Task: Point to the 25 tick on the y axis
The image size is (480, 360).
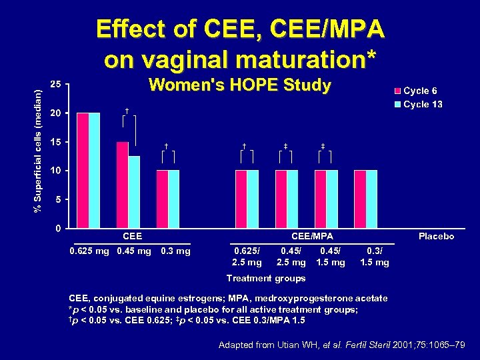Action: tap(57, 84)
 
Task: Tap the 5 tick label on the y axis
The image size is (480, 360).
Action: tap(59, 199)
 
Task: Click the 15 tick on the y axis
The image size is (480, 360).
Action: tap(57, 142)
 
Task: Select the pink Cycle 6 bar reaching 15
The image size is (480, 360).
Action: tap(122, 185)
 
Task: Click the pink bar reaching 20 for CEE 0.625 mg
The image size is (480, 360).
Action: tap(83, 171)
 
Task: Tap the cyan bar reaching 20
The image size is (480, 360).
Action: tap(95, 171)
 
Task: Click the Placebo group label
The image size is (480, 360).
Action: tap(436, 237)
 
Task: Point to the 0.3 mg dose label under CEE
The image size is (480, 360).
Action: tap(176, 251)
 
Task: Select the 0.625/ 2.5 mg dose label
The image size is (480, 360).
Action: tap(246, 257)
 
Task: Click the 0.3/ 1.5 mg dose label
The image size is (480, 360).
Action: tap(374, 257)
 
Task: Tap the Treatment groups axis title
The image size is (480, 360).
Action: tap(266, 278)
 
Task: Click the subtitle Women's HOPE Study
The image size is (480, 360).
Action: tap(239, 85)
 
